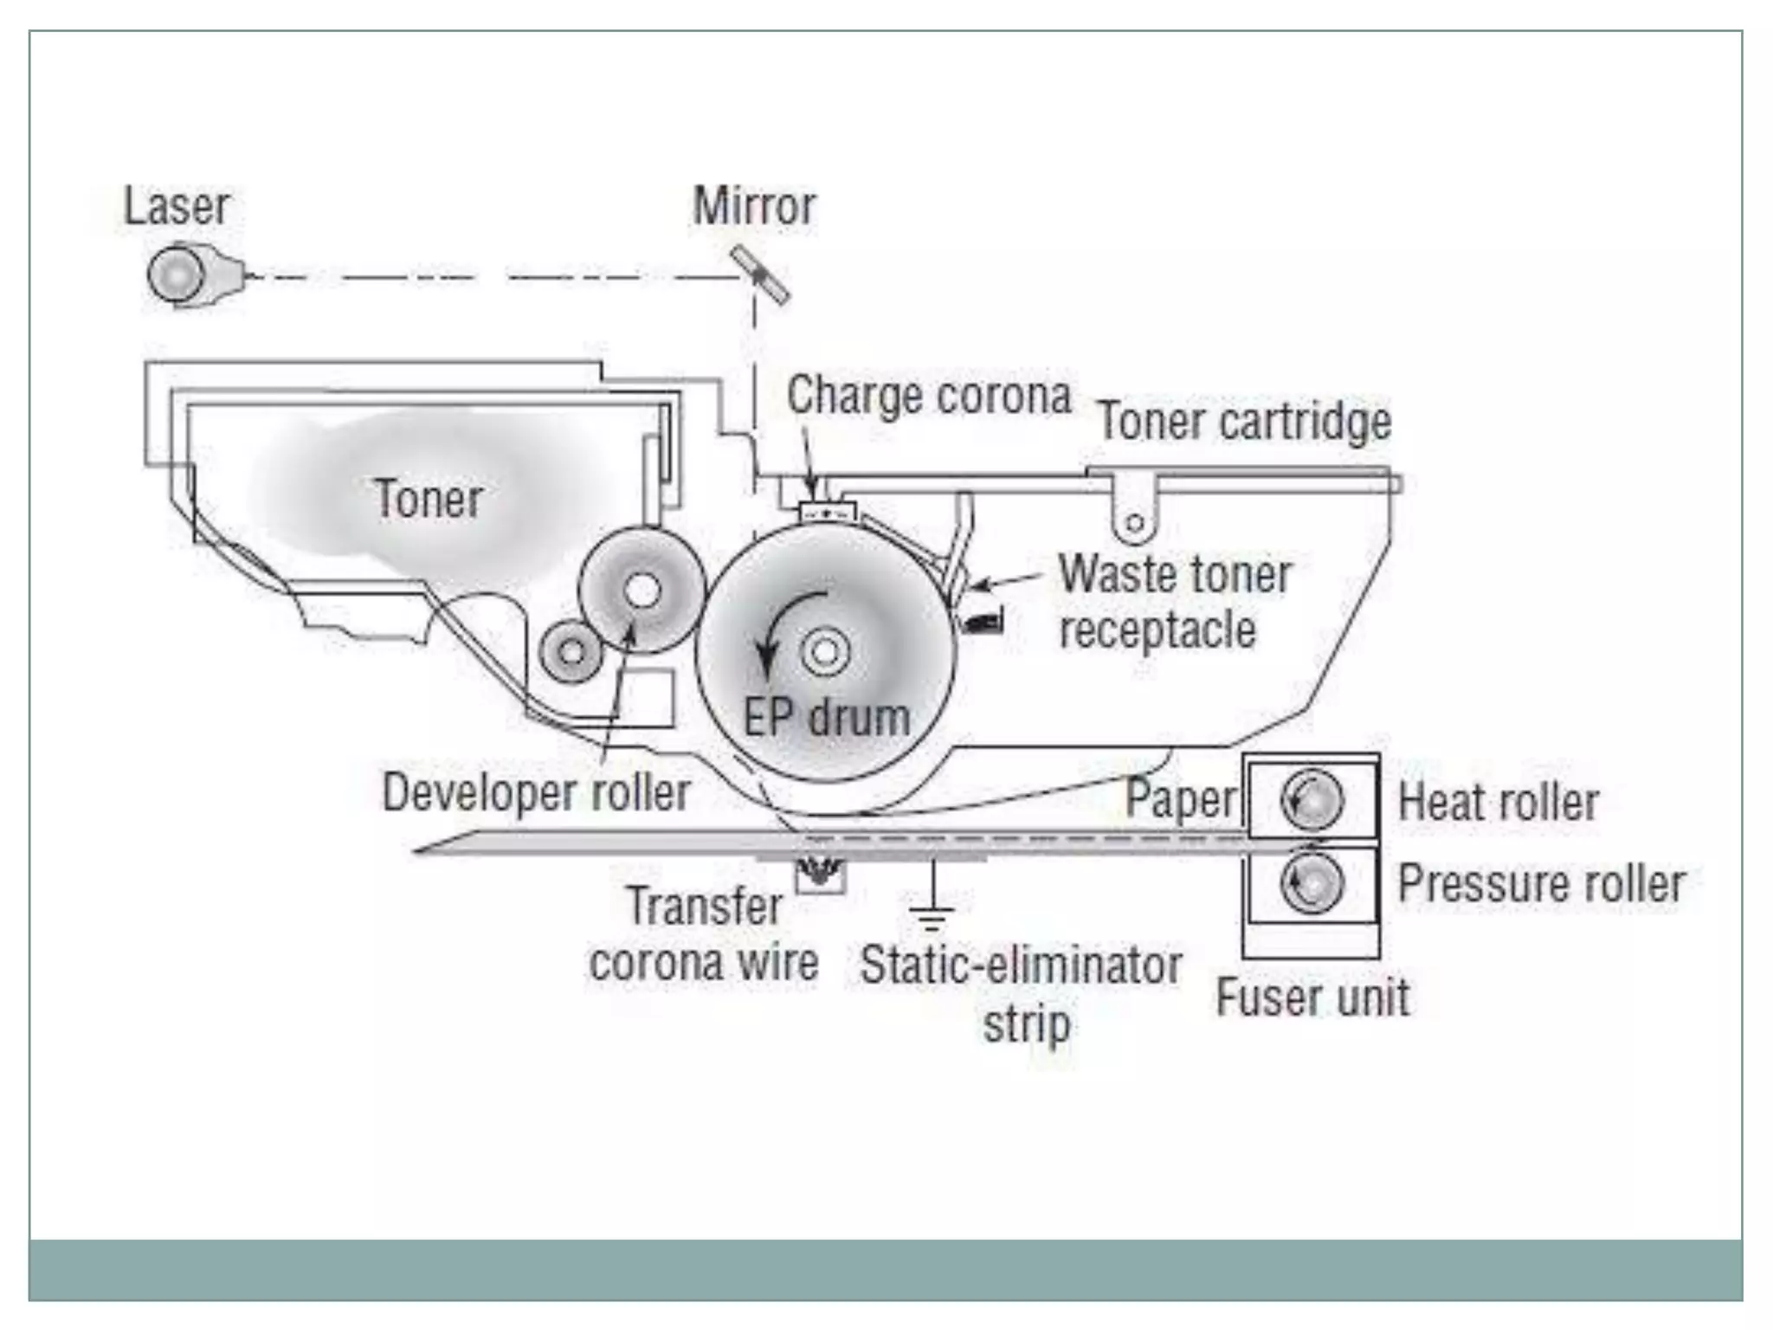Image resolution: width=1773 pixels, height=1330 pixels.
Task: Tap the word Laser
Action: click(177, 207)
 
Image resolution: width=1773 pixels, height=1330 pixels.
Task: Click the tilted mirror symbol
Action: click(759, 275)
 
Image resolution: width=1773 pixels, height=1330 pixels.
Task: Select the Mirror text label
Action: click(754, 207)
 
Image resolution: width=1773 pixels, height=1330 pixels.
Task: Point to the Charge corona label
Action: click(928, 396)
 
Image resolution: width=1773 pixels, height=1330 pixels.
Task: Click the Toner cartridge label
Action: click(1244, 422)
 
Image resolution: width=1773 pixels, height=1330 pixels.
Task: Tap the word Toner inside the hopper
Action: click(429, 500)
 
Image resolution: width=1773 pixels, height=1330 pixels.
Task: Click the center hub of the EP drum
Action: click(824, 651)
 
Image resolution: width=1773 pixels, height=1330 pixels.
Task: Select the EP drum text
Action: click(827, 718)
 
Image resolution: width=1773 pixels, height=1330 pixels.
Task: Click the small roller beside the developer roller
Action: click(571, 651)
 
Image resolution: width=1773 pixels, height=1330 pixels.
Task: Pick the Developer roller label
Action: click(536, 792)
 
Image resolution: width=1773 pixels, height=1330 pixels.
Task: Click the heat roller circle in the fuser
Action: click(1312, 799)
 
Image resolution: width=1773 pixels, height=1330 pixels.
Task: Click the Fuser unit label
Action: click(1312, 997)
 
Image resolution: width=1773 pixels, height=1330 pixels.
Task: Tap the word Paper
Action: click(1181, 798)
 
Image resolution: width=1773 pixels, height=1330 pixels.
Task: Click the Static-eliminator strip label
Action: click(1022, 991)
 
